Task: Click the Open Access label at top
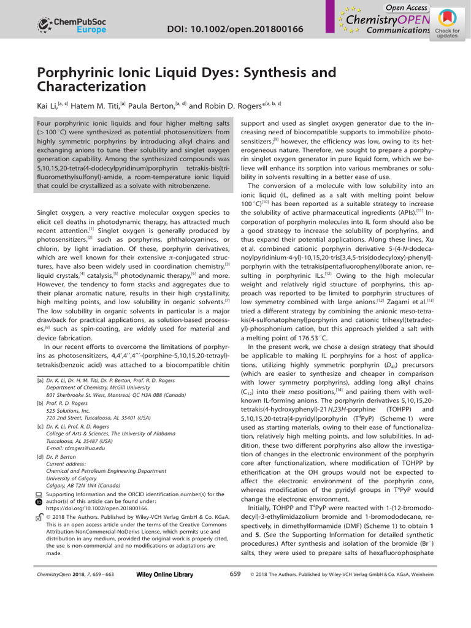coord(407,7)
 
